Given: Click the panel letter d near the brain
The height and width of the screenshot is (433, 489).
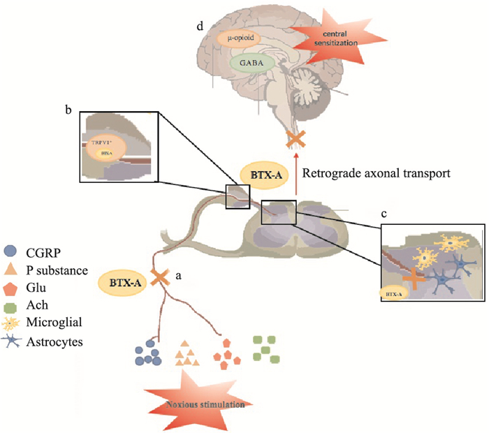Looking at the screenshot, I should point(201,27).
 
